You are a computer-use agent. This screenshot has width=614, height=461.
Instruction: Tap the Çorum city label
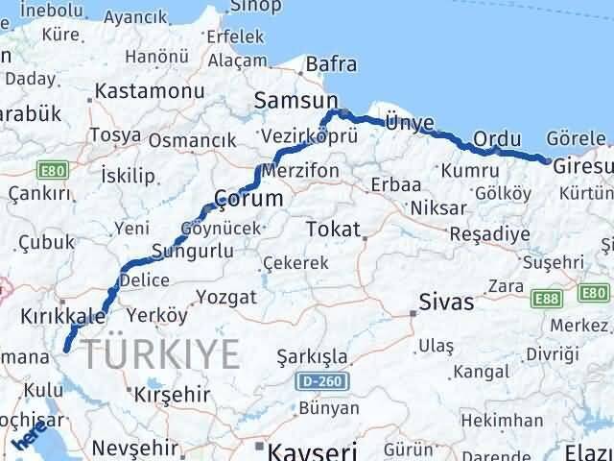[x=248, y=198]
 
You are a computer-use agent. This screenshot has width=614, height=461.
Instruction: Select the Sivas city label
[x=447, y=303]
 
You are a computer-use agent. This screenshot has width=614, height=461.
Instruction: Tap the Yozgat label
[x=226, y=297]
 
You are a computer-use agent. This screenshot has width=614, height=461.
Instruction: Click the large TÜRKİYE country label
[x=160, y=354]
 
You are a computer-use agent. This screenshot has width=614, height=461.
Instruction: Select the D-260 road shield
[x=322, y=382]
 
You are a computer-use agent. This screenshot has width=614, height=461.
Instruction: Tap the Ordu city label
[x=497, y=138]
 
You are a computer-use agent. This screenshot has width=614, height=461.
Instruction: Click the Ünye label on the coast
[x=409, y=123]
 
